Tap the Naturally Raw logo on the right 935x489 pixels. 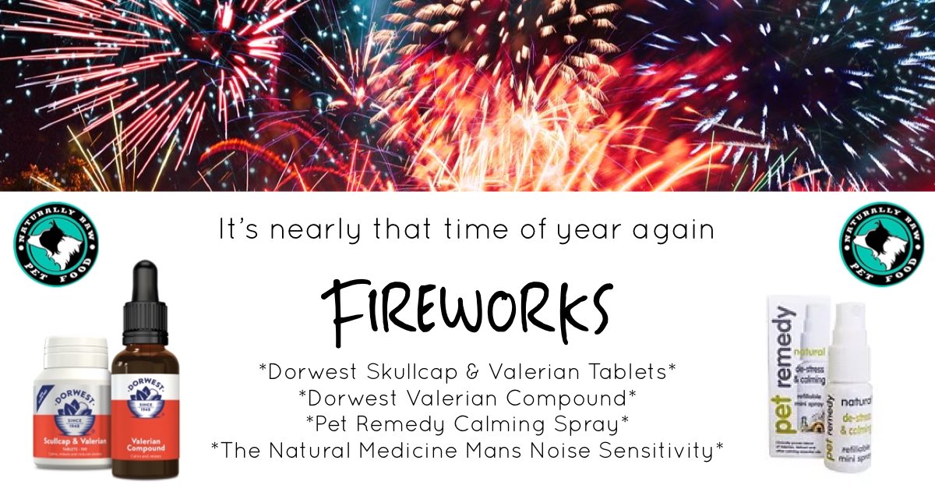click(880, 240)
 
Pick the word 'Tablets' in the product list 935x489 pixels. click(623, 372)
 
